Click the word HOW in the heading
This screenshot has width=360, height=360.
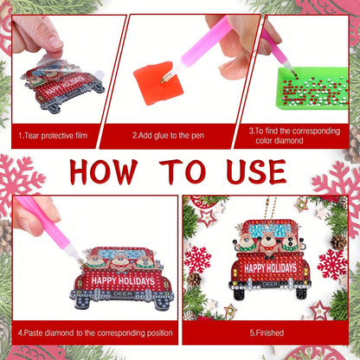pos(104,172)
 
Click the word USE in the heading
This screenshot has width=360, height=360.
pos(256,171)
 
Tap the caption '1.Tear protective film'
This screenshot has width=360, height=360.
pos(53,136)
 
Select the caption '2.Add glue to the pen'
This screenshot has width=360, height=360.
pos(168,136)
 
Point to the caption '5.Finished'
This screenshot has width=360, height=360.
pos(267,333)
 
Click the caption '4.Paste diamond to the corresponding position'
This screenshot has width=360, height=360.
pos(95,333)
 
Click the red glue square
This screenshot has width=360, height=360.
pos(158,83)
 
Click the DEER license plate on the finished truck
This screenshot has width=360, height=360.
pos(270,285)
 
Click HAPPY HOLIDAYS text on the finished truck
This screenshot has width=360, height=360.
pos(270,268)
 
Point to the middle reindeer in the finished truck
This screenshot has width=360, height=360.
pos(268,244)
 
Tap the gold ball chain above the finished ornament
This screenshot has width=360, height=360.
pos(271,209)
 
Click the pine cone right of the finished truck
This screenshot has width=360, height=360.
pos(338,241)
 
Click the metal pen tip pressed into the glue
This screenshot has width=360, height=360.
pos(166,78)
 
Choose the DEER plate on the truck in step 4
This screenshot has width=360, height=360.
pos(123,293)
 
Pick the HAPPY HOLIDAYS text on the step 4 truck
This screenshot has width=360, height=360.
pos(123,280)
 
